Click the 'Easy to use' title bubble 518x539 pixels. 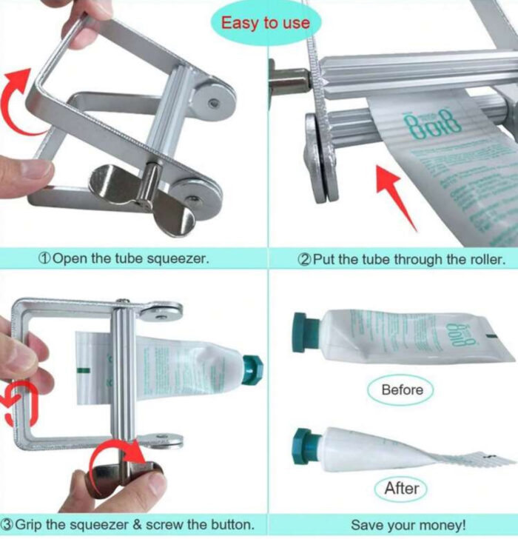pyautogui.click(x=266, y=22)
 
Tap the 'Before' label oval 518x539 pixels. pyautogui.click(x=402, y=389)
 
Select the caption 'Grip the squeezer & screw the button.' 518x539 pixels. pyautogui.click(x=132, y=524)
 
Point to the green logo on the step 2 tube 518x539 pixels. pyautogui.click(x=421, y=123)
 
